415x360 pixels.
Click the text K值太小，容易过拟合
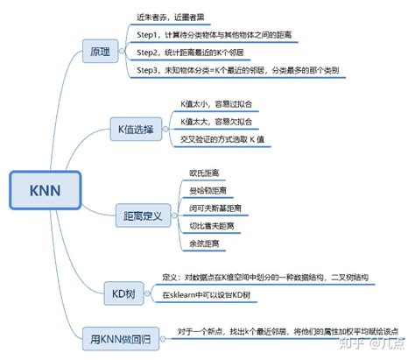click(x=215, y=102)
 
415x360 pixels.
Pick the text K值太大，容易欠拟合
click(x=215, y=124)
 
